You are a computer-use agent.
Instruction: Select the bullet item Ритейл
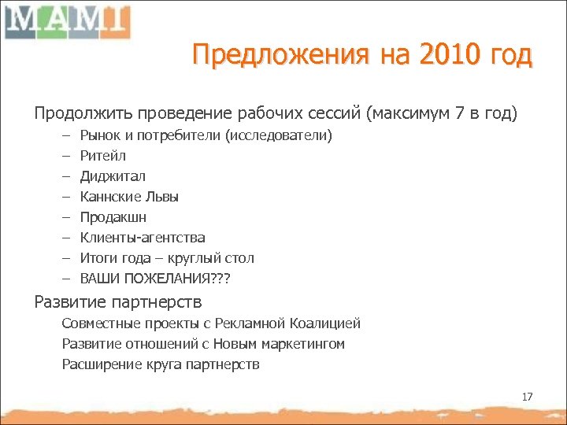pyautogui.click(x=102, y=156)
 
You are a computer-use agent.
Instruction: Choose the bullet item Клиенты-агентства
pyautogui.click(x=143, y=238)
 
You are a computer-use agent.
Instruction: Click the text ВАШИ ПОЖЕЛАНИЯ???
pyautogui.click(x=156, y=279)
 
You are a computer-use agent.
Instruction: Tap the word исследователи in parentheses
pyautogui.click(x=279, y=135)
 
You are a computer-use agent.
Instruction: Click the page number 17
pyautogui.click(x=527, y=397)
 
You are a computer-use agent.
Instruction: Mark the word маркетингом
pyautogui.click(x=302, y=344)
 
